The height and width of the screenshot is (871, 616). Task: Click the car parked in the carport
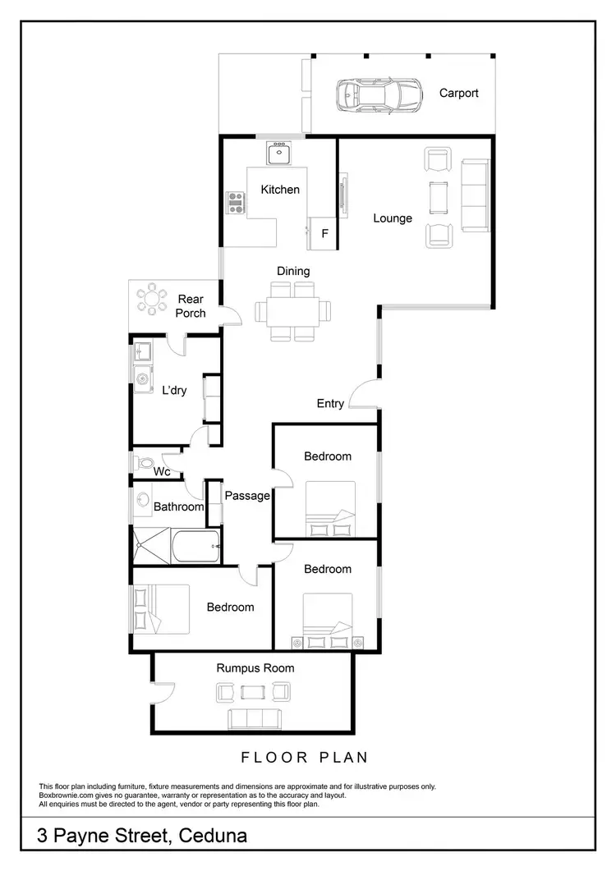click(378, 95)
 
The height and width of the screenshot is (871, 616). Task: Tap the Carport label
click(458, 93)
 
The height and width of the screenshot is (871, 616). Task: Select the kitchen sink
click(280, 154)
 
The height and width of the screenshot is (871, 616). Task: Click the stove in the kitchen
click(237, 202)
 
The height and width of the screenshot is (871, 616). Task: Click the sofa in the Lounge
click(475, 195)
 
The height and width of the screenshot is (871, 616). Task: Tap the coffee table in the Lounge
click(438, 195)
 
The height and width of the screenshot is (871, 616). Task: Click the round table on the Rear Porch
click(150, 299)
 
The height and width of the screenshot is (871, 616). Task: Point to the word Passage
click(247, 495)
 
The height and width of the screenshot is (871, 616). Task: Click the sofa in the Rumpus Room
click(253, 718)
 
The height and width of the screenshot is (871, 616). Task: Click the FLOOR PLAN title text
click(304, 757)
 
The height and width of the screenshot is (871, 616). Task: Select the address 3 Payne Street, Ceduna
click(142, 837)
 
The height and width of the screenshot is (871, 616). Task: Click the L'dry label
click(173, 391)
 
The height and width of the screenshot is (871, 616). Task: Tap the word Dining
click(292, 271)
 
